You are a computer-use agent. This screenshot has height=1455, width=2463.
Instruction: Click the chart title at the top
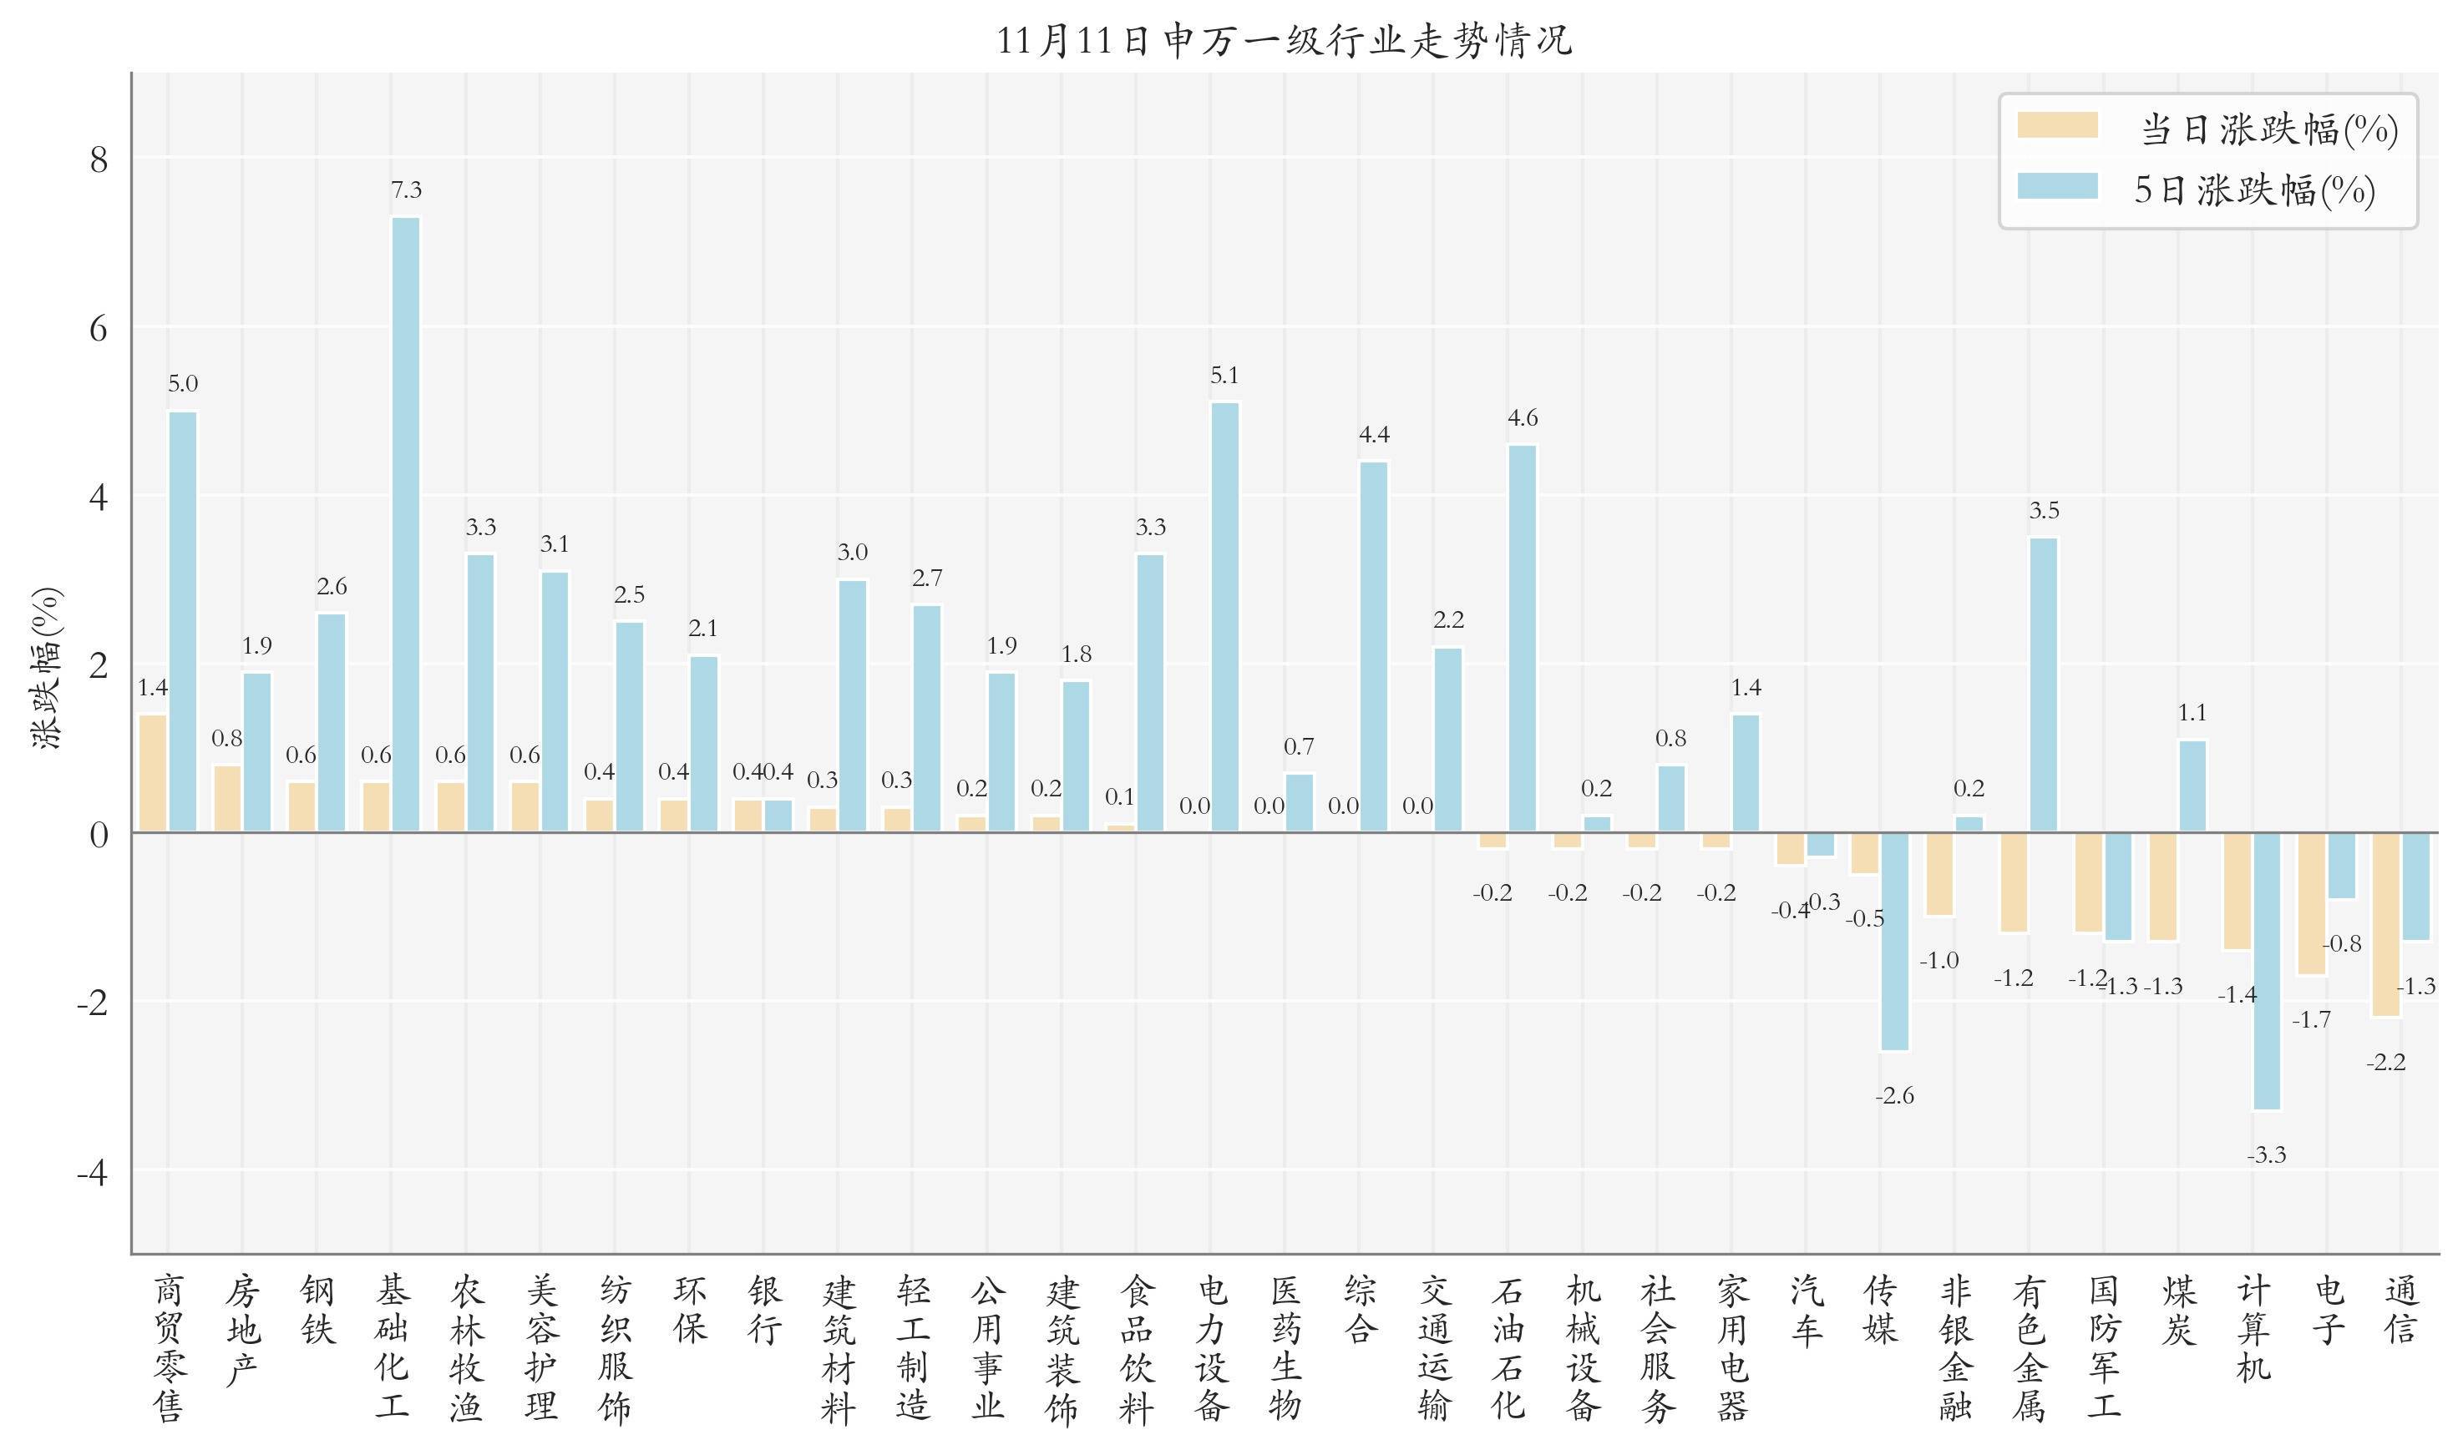[x=1284, y=41]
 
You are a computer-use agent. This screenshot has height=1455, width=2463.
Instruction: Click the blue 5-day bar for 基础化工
[x=406, y=524]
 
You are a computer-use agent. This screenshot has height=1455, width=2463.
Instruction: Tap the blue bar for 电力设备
[x=1225, y=617]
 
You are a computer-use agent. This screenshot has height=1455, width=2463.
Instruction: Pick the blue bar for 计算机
[x=2267, y=971]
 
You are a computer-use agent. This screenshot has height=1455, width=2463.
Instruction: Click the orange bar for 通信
[x=2385, y=925]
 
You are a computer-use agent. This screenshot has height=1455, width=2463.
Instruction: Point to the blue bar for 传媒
[x=1895, y=942]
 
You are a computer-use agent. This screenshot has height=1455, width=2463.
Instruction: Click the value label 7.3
[x=406, y=190]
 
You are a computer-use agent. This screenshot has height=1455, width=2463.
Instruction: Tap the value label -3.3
[x=2267, y=1155]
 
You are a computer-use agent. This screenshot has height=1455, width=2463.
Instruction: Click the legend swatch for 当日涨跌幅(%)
[x=2057, y=125]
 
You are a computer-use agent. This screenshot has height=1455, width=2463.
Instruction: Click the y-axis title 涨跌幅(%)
[x=47, y=669]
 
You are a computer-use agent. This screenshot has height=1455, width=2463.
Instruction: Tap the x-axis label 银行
[x=765, y=1310]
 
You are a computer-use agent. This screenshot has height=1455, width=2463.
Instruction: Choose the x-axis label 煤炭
[x=2177, y=1310]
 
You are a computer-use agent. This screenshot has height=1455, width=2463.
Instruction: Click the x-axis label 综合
[x=1361, y=1310]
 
